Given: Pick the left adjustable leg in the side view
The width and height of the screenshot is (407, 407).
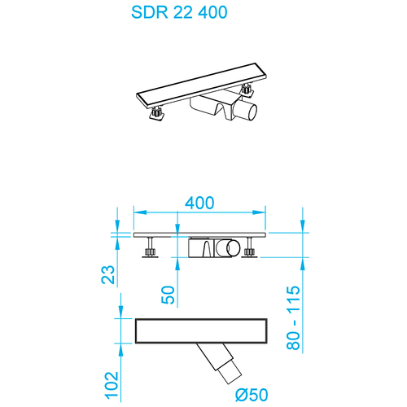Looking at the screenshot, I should [x=151, y=248].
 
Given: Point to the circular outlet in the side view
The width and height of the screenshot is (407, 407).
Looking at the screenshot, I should [x=234, y=247].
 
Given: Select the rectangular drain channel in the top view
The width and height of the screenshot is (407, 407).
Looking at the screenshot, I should [x=202, y=330].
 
